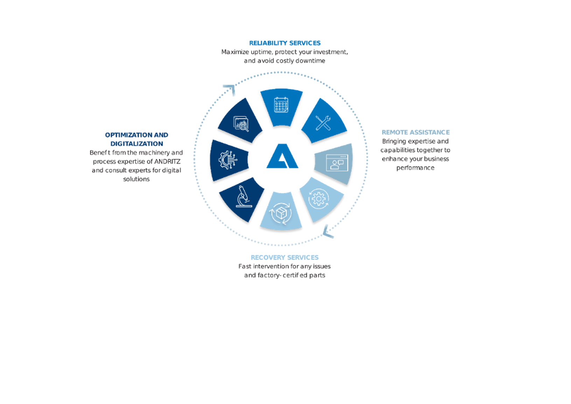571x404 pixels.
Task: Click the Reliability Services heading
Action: (285, 43)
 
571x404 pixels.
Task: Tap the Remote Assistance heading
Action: (416, 132)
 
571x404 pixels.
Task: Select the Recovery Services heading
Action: (285, 257)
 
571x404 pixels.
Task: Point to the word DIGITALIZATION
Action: (137, 144)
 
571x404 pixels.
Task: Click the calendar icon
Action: (281, 105)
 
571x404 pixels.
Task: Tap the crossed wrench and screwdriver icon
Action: (323, 123)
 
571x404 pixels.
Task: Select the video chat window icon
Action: (337, 163)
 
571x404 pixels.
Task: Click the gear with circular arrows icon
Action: (319, 199)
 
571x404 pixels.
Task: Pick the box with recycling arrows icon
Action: (281, 213)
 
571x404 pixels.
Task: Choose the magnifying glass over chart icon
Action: (241, 124)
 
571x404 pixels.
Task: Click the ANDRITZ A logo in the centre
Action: (282, 156)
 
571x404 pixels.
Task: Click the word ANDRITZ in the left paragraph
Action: (167, 162)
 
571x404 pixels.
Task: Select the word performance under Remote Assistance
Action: (415, 168)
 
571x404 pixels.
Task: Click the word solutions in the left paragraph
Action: (137, 179)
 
